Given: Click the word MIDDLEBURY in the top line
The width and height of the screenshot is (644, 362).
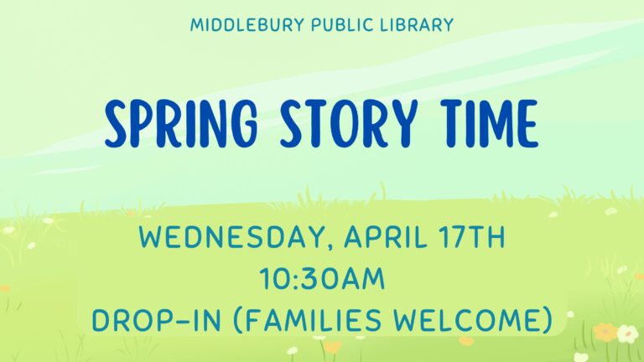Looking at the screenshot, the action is coord(247,25).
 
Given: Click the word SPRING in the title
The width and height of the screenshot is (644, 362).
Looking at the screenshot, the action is coord(181,123).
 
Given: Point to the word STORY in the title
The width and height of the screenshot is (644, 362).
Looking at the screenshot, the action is coord(349,123).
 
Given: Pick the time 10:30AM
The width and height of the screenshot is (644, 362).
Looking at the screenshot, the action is coord(322,279).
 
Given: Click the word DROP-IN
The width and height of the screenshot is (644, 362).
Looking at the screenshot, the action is coord(157,320).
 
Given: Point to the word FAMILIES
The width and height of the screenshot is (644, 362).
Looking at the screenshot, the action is coord(314,320).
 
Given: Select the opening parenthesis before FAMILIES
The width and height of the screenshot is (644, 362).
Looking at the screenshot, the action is coord(238,321).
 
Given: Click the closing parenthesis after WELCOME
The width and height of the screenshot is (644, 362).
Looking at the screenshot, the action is coord(547,321).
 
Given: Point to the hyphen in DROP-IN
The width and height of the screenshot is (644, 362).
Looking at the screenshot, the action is coord(179,322).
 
